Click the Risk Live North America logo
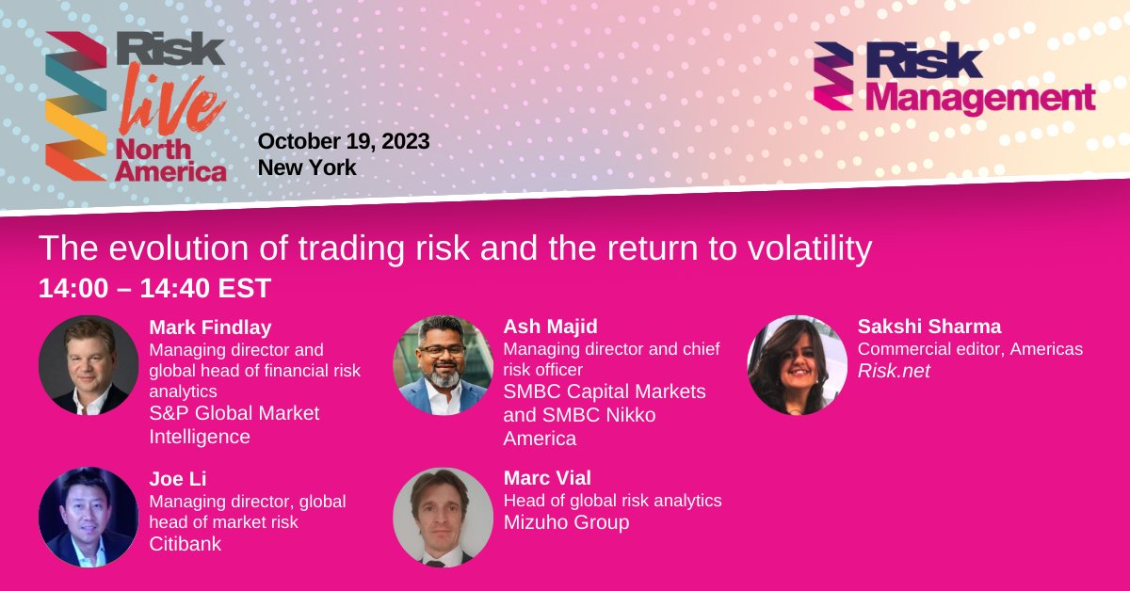[137, 105]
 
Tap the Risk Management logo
[954, 79]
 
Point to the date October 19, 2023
[344, 141]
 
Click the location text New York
[307, 168]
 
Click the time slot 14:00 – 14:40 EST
[154, 288]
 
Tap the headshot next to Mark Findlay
[89, 365]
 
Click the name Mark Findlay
[210, 327]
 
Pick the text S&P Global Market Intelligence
[234, 424]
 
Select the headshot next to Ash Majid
[443, 365]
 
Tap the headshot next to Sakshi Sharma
[797, 365]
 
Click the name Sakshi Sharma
[929, 327]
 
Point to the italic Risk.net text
[894, 371]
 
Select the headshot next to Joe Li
[89, 518]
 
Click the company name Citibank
[186, 544]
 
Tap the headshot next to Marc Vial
[443, 518]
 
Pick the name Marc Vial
[547, 478]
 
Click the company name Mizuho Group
[566, 522]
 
